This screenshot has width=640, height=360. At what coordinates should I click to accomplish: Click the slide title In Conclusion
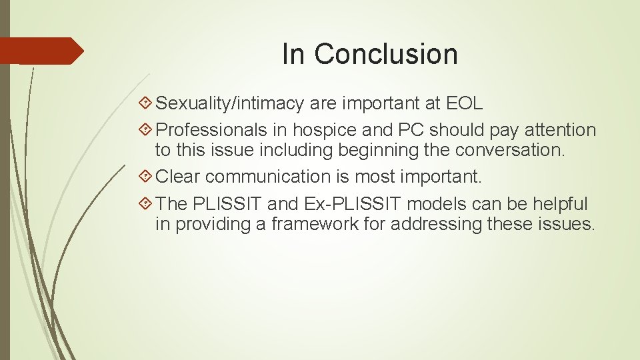[x=370, y=54]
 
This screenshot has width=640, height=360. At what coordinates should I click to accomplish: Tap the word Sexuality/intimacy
[x=231, y=104]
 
